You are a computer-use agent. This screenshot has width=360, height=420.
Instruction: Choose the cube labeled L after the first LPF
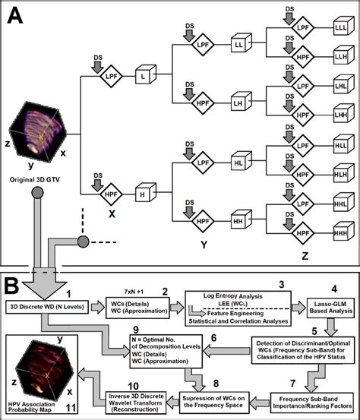click(x=144, y=77)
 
